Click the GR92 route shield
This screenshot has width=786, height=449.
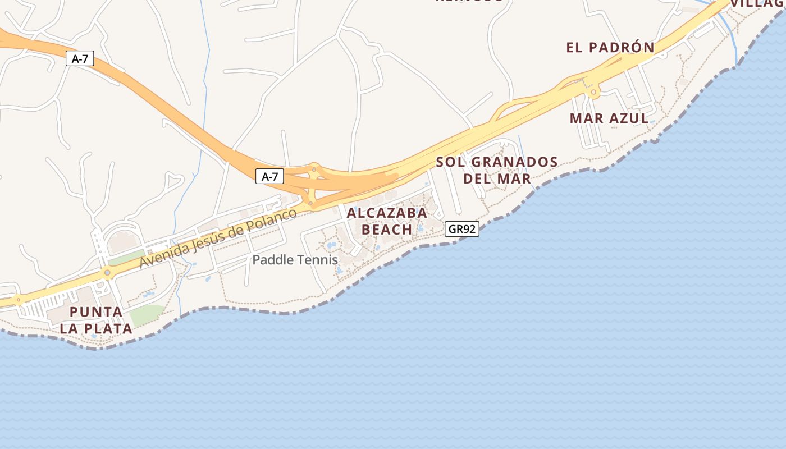click(462, 229)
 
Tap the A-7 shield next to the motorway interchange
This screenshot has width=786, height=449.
click(270, 176)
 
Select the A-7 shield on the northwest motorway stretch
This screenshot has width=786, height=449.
click(80, 58)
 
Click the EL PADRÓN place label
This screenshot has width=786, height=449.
click(610, 48)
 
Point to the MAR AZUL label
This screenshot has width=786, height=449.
click(609, 118)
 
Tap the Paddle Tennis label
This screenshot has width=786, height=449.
click(295, 260)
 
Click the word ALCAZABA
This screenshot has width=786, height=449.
click(387, 213)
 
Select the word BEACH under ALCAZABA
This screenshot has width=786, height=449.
click(387, 230)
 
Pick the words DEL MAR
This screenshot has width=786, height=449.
click(497, 179)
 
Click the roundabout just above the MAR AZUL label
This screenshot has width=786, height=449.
click(593, 92)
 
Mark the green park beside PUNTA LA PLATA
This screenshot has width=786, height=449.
click(147, 314)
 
